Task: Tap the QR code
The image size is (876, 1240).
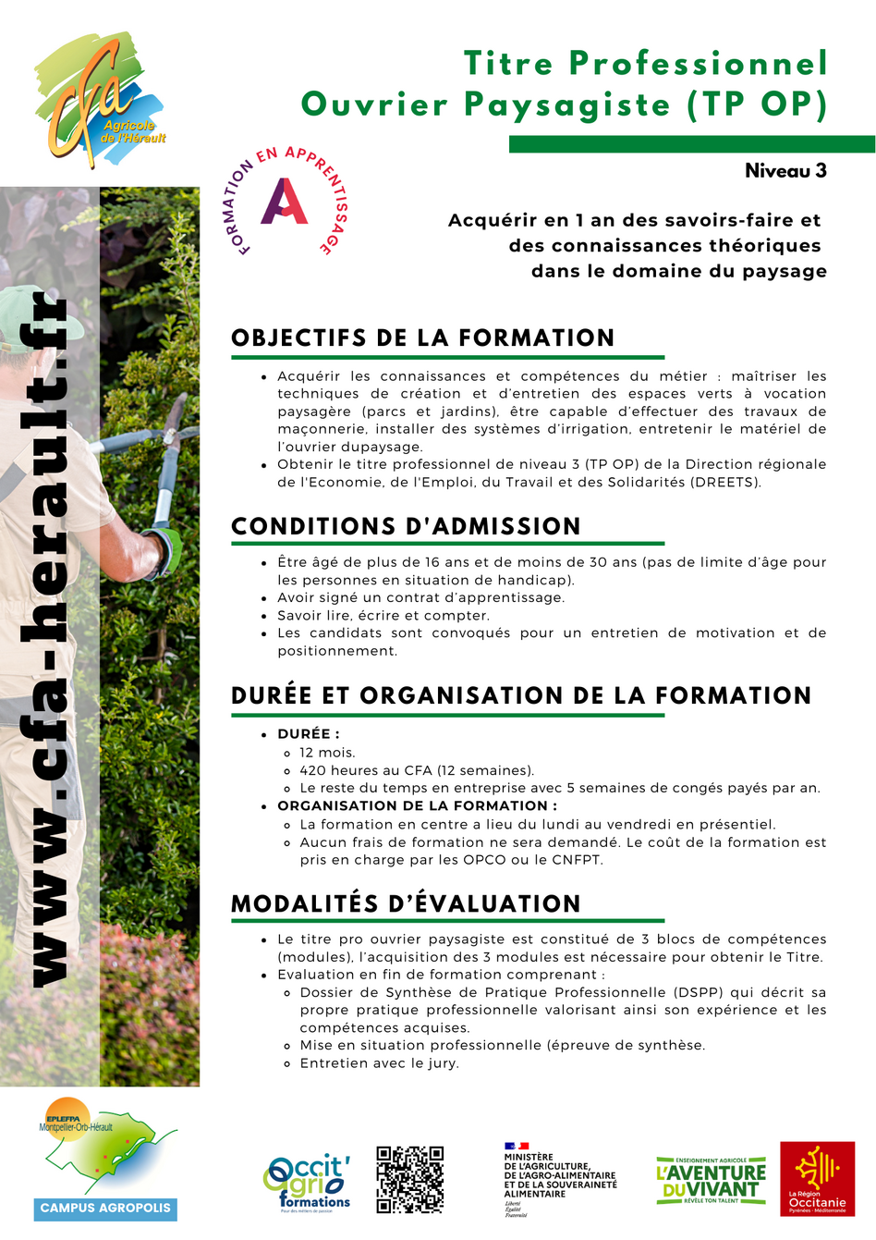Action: pyautogui.click(x=410, y=1179)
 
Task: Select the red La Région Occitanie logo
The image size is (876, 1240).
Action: pyautogui.click(x=817, y=1178)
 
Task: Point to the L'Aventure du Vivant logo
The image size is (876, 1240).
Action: pyautogui.click(x=711, y=1180)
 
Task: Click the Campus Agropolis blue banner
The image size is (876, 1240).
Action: pyautogui.click(x=105, y=1208)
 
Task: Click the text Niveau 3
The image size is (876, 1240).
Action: pyautogui.click(x=785, y=171)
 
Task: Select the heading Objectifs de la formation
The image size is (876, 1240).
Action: pyautogui.click(x=423, y=338)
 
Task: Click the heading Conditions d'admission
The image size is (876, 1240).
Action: pyautogui.click(x=406, y=526)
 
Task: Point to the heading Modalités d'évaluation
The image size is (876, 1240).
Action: pyautogui.click(x=406, y=903)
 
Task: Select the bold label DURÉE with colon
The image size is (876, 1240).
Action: pyautogui.click(x=309, y=734)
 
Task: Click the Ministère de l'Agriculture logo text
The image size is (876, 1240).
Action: pyautogui.click(x=560, y=1175)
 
